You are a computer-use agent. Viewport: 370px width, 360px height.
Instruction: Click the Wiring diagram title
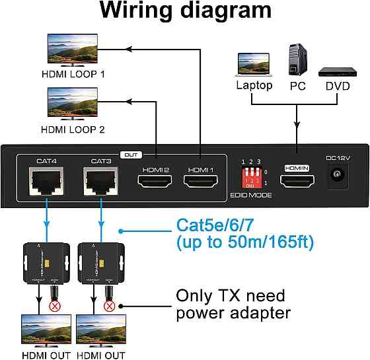pos(185,11)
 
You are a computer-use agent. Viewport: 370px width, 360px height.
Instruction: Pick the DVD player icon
pos(334,69)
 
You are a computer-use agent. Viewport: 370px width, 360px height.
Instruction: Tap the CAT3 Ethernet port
pos(100,181)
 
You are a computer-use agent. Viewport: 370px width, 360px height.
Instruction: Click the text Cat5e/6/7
pos(218,227)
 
